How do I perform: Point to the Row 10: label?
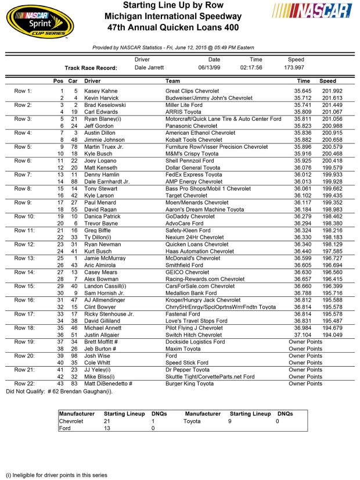pos(25,216)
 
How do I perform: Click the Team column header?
pos(172,81)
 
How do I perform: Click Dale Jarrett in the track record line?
pos(150,67)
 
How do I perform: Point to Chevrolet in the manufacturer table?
pos(71,421)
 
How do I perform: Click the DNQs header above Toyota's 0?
pos(285,414)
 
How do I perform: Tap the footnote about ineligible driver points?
pos(57,474)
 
